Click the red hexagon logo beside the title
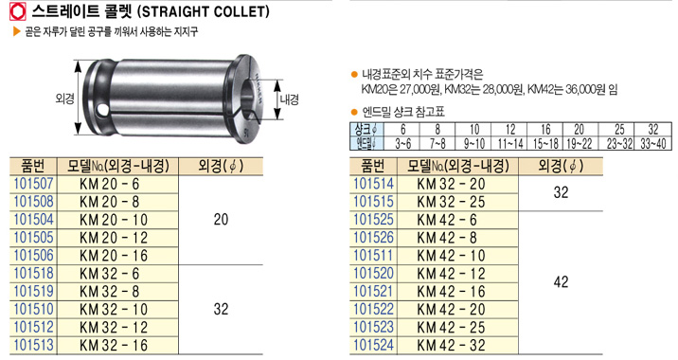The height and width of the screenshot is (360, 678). (18, 12)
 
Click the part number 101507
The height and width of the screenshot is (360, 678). (33, 184)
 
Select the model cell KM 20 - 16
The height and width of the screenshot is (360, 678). (114, 256)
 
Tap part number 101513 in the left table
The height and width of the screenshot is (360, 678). (33, 345)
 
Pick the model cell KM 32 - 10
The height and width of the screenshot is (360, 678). (114, 310)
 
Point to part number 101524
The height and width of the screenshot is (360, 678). (374, 345)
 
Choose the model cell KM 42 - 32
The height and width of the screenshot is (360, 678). (451, 345)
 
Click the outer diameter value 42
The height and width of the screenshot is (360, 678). (561, 282)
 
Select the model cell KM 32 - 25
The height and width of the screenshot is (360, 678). (451, 202)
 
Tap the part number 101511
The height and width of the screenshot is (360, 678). (374, 256)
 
